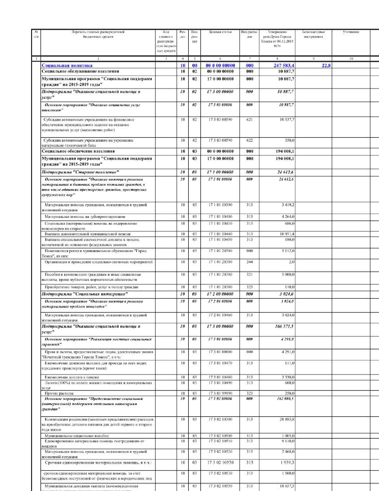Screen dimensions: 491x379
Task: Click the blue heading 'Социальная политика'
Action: point(67,65)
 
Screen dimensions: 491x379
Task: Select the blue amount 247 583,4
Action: point(284,65)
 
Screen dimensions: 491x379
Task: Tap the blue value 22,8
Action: point(326,65)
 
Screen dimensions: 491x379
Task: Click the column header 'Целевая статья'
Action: point(220,32)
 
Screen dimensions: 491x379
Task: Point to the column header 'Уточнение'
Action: point(351,32)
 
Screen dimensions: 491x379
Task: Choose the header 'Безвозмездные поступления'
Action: point(313,34)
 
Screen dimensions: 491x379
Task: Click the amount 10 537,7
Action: point(287,120)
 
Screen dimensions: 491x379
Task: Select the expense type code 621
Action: point(249,120)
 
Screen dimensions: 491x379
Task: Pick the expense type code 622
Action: point(249,140)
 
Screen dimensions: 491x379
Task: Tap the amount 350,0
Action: point(289,140)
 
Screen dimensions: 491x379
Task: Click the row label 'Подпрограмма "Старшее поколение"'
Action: point(80,172)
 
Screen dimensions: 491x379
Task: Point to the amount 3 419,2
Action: point(288,205)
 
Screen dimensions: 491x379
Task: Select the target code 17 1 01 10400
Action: point(220,217)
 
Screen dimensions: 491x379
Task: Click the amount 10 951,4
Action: point(287,234)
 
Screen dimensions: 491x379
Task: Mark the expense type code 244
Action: point(249,262)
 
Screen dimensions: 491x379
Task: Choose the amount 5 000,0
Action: point(288,274)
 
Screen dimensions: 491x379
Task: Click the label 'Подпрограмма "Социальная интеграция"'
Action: point(85,294)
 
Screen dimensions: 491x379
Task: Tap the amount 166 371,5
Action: point(284,326)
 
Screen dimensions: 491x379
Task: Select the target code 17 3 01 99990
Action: point(220,393)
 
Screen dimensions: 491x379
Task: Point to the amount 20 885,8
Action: point(287,419)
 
